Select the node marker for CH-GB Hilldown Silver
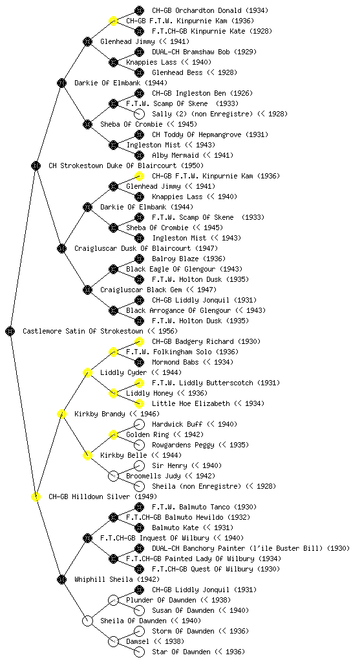[36, 496]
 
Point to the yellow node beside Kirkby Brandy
[61, 414]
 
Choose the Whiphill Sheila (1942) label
[117, 579]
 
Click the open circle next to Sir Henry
[139, 465]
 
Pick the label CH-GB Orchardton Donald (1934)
[210, 10]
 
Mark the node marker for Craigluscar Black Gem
[87, 290]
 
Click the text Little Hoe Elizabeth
[191, 403]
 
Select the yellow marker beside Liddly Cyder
[87, 372]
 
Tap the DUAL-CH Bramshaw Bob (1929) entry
[204, 52]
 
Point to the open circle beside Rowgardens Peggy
[139, 445]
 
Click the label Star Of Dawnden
[181, 652]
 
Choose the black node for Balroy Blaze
[139, 259]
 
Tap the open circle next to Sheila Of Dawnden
[87, 621]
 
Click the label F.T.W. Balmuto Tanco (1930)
[204, 507]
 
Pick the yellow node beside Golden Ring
[113, 434]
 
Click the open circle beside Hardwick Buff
[139, 424]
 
